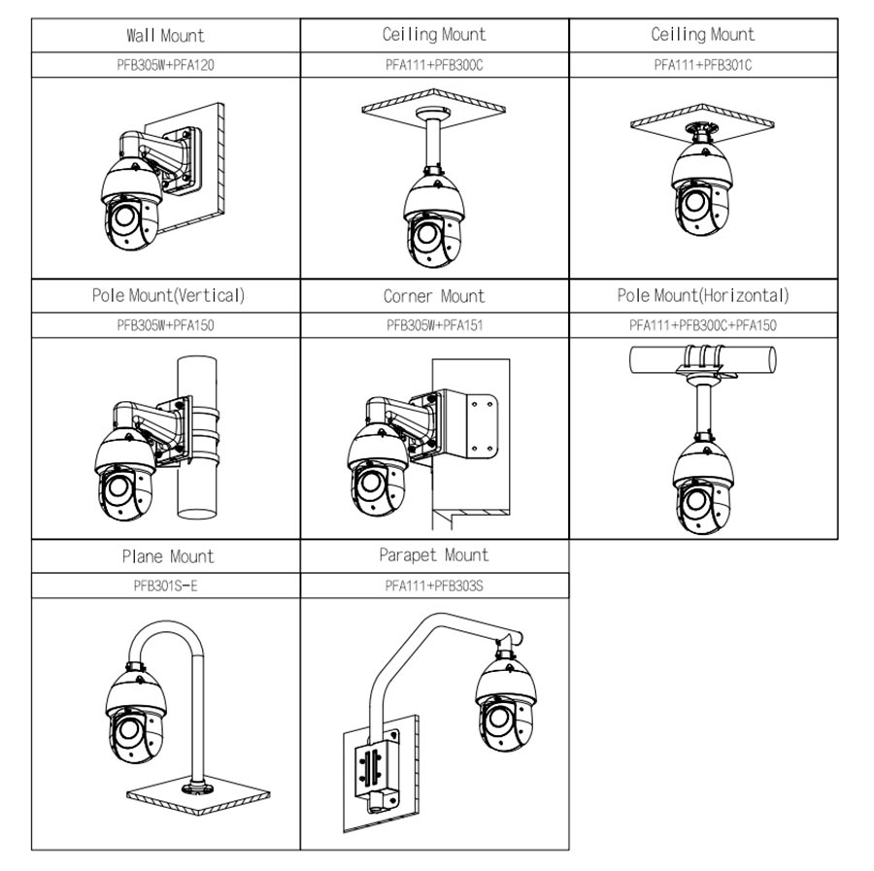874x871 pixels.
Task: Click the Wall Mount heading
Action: [165, 36]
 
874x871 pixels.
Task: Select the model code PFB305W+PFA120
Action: [165, 65]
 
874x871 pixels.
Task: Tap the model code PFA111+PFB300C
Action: [434, 65]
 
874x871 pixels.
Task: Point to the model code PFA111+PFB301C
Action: [703, 65]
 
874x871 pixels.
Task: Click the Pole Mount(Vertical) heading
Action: [168, 295]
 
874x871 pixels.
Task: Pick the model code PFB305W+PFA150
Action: [165, 325]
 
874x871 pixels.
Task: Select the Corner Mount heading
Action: [434, 296]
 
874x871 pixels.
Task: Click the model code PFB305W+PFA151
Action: [434, 325]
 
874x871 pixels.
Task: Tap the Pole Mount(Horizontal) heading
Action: [703, 295]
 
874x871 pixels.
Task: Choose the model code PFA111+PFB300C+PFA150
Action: [703, 325]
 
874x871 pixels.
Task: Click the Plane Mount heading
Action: [167, 556]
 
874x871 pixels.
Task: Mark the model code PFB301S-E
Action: [165, 586]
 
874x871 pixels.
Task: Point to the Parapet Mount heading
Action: [434, 555]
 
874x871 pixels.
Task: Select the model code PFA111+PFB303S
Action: [434, 586]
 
